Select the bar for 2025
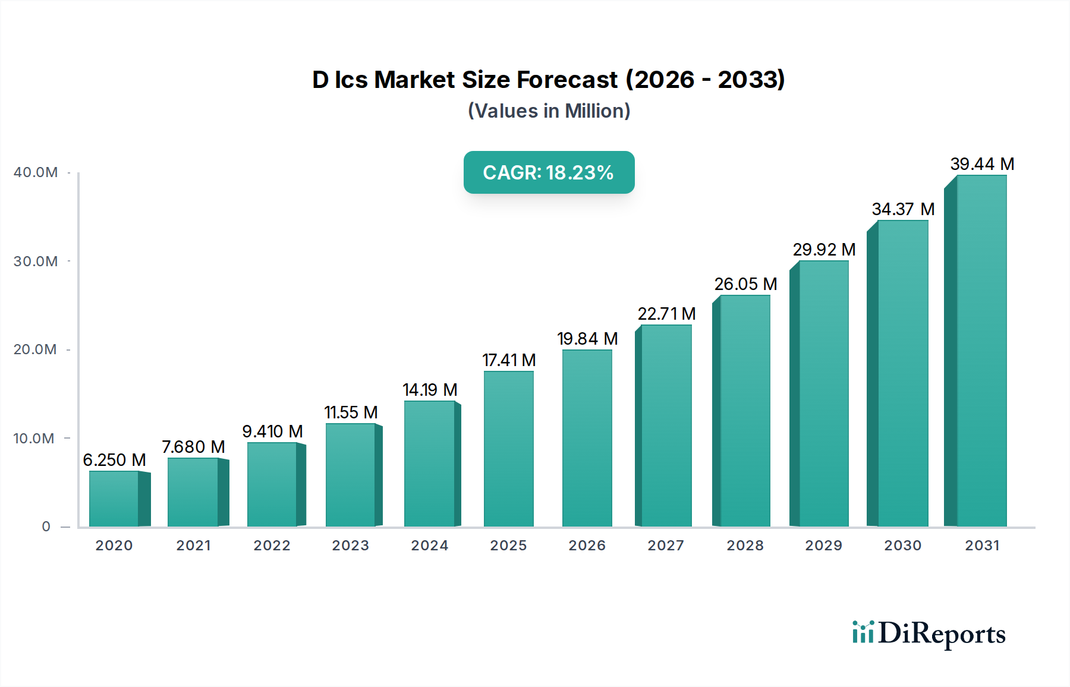[x=508, y=449]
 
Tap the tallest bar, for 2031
[x=981, y=351]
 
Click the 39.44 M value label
[x=982, y=164]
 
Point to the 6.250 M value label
[x=114, y=460]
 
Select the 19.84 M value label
[x=587, y=339]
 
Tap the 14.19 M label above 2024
[x=430, y=390]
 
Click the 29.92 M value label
[x=824, y=250]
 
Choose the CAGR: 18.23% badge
[x=549, y=172]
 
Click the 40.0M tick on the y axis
[x=36, y=172]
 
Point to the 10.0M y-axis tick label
[x=34, y=439]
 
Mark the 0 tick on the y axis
[x=46, y=527]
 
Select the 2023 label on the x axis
[x=351, y=546]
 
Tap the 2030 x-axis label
[x=902, y=546]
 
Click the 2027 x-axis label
[x=666, y=546]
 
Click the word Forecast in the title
[x=567, y=80]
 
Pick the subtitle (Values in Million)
[x=549, y=111]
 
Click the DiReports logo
[x=929, y=634]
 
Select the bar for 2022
[x=272, y=485]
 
